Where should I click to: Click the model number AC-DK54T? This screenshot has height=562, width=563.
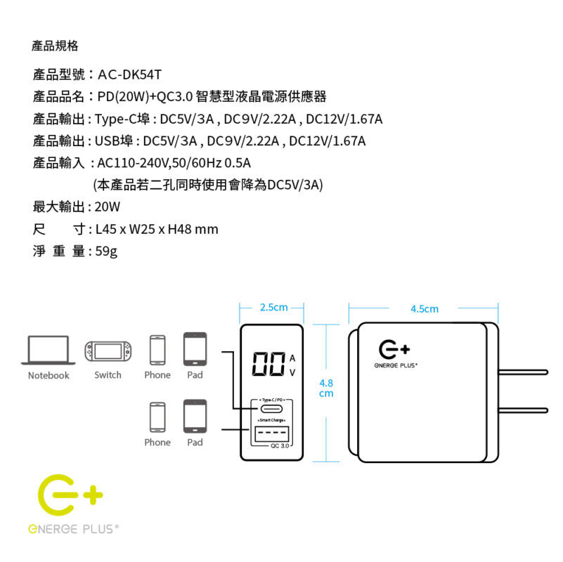[130, 74]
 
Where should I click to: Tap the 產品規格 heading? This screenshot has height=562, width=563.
[55, 46]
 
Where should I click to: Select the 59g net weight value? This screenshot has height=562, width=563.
[107, 251]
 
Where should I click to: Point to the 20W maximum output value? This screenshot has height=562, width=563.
[108, 207]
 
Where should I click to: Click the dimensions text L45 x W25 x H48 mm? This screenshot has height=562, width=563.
[157, 229]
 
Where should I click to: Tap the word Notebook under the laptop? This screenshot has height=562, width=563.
[48, 375]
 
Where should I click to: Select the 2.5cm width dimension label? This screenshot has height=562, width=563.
[273, 307]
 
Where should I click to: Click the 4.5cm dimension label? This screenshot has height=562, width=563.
[424, 309]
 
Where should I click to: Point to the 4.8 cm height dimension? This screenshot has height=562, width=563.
[326, 388]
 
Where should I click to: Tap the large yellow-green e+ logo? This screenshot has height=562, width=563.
[69, 497]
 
